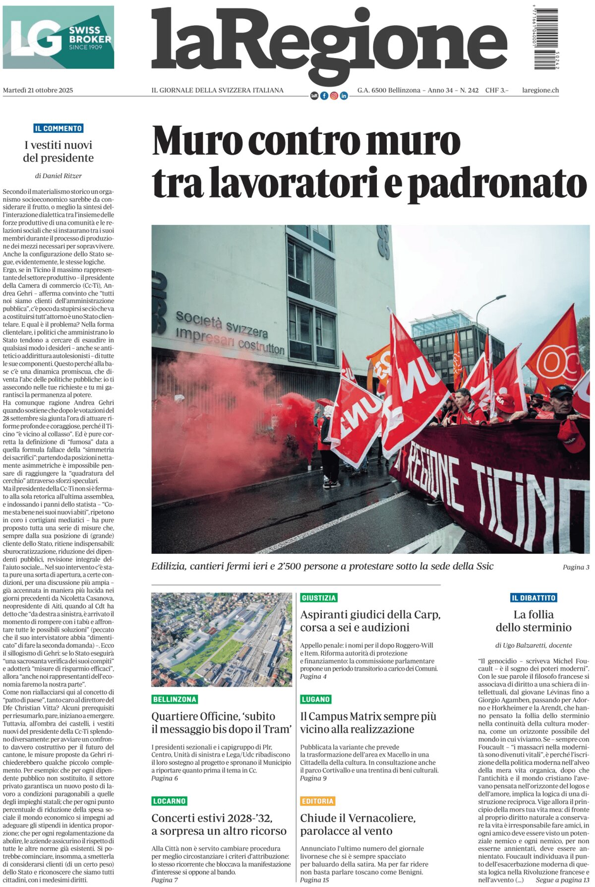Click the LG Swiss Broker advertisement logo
pos(59,37)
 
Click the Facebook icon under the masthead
pos(324,96)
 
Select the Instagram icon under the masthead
pos(334,96)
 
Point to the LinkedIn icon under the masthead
pos(344,96)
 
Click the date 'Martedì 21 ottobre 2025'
pos(38,90)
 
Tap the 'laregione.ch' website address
pos(540,90)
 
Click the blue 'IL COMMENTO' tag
pos(59,128)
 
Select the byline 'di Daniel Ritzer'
pos(59,176)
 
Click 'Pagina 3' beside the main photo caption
pos(576,567)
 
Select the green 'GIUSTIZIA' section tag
pos(319,598)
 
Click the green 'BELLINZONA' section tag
pos(175,699)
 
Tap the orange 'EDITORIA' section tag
pos(318,801)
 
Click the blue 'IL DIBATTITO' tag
pos(534,598)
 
